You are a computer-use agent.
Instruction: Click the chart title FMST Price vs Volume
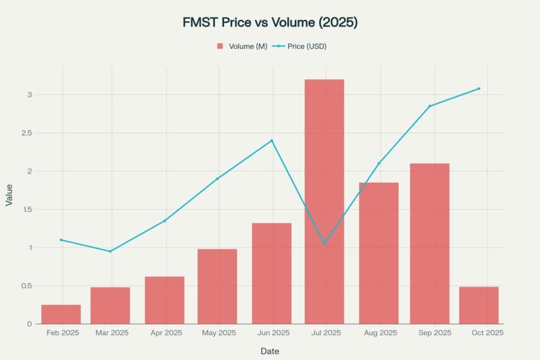coord(269,23)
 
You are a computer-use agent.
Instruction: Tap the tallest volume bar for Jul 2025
coord(324,200)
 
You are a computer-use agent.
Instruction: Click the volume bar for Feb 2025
coord(61,314)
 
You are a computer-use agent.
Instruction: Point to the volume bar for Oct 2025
coord(479,305)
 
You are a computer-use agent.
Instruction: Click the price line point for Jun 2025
coord(272,141)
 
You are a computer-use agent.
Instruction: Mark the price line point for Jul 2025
coord(324,244)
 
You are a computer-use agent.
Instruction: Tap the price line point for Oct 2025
coord(479,89)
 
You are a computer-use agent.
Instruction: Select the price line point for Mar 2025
coord(110,251)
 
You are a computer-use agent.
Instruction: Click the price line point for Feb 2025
coord(61,240)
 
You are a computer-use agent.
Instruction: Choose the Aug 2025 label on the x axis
coord(381,333)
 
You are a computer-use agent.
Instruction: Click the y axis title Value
coord(9,194)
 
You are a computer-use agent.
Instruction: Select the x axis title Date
coord(269,351)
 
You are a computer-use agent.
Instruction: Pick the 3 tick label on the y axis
coord(30,95)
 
